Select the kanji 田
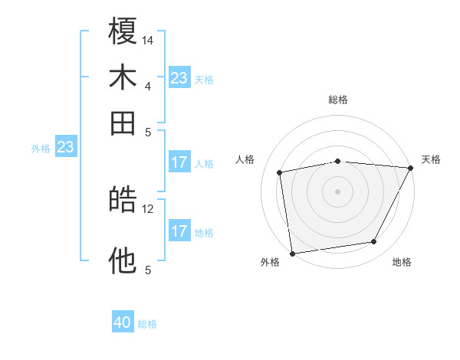pyautogui.click(x=123, y=123)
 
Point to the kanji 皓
pyautogui.click(x=123, y=201)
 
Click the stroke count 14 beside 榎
pyautogui.click(x=148, y=39)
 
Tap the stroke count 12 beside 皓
pyautogui.click(x=148, y=208)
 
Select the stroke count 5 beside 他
pyautogui.click(x=148, y=270)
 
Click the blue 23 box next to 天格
pyautogui.click(x=179, y=78)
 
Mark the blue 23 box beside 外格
pyautogui.click(x=65, y=146)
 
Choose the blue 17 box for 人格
pyautogui.click(x=179, y=162)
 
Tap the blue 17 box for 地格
pyautogui.click(x=179, y=231)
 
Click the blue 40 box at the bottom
pyautogui.click(x=123, y=322)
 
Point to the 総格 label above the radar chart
pyautogui.click(x=338, y=100)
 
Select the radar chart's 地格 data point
pyautogui.click(x=374, y=242)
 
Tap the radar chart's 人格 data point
pyautogui.click(x=279, y=172)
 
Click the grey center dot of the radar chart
pyautogui.click(x=338, y=191)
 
